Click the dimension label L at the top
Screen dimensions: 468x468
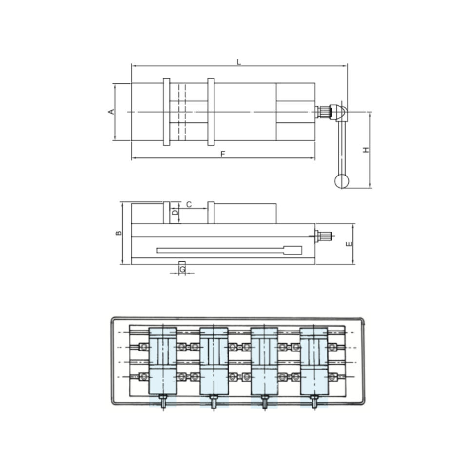coord(239,62)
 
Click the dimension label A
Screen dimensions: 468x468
coord(111,112)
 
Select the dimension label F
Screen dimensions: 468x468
coord(223,154)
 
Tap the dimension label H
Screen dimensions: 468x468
coord(366,150)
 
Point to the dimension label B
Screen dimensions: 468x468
coord(118,234)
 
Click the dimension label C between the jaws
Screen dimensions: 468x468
coord(189,204)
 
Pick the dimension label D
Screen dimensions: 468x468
coord(175,213)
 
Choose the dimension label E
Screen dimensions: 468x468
coord(349,244)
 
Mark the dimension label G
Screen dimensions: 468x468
coord(182,269)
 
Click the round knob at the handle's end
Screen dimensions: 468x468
coord(342,181)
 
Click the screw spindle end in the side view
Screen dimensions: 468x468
coord(324,236)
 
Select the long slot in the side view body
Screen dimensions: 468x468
coord(229,250)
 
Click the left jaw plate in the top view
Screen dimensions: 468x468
coord(166,112)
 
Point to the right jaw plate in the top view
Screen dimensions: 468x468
coord(211,112)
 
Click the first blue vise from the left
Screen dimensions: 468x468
coord(162,361)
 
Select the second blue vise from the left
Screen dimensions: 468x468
coord(214,361)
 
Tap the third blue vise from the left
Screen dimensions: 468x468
coord(264,361)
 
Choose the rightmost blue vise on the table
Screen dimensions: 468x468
coord(314,361)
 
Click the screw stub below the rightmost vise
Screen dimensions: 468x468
coord(314,402)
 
